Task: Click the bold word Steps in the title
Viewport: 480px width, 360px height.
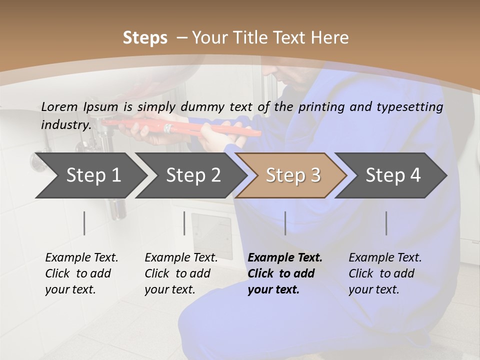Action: point(145,38)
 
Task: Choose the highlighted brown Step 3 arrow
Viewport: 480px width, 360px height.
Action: point(293,175)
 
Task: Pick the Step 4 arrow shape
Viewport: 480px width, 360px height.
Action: point(393,175)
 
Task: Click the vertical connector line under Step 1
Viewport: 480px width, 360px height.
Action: point(84,223)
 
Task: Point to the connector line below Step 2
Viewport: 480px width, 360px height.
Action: point(184,223)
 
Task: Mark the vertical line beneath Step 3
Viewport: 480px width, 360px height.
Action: point(285,223)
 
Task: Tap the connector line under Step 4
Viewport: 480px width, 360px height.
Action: point(386,223)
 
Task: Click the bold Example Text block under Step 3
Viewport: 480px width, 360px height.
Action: point(285,273)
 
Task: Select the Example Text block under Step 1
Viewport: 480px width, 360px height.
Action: point(81,273)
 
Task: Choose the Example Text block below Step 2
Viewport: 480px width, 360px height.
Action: point(181,273)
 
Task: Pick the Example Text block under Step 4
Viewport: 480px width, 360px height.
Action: point(385,273)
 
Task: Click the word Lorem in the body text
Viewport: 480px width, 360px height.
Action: point(59,106)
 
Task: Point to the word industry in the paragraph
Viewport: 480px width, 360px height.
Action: point(66,125)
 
